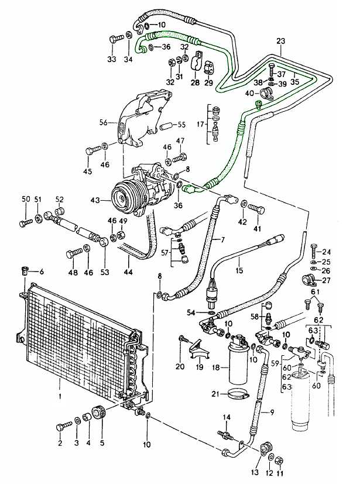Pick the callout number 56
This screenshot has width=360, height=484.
click(x=103, y=123)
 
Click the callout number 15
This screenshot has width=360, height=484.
click(x=239, y=270)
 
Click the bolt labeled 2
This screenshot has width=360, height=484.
click(x=61, y=427)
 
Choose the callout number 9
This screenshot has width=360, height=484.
click(x=271, y=413)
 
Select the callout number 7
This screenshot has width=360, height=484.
click(x=222, y=241)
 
